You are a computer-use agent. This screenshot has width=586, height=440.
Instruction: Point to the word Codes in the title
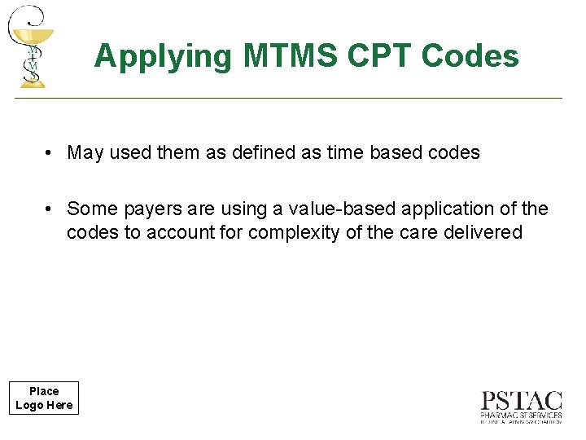click(470, 56)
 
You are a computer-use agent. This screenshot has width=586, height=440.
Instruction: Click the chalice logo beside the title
click(31, 46)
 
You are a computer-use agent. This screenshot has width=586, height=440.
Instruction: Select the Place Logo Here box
click(44, 398)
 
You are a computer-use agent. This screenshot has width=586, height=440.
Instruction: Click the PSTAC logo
click(521, 407)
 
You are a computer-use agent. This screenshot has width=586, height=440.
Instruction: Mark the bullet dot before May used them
click(50, 152)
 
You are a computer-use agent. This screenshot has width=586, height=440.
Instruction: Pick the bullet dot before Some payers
click(50, 209)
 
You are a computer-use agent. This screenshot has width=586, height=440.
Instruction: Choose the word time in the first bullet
click(343, 152)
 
